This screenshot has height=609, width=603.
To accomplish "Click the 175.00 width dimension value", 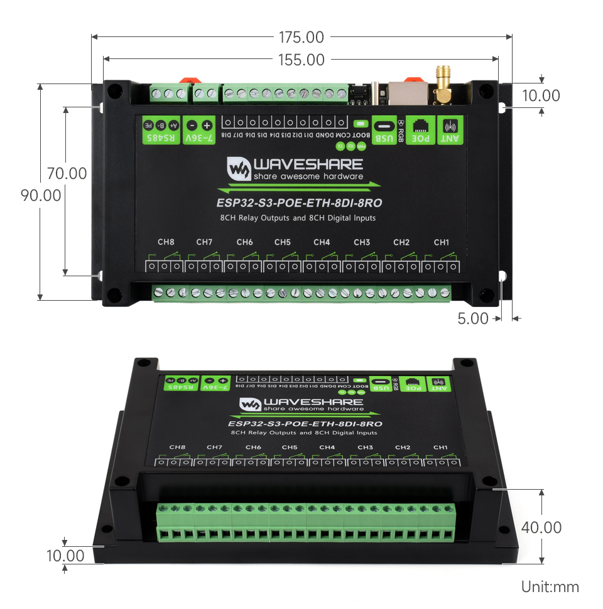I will click(301, 38).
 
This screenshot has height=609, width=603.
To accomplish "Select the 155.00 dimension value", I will click(301, 60).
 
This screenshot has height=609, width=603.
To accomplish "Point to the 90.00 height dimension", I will click(41, 195).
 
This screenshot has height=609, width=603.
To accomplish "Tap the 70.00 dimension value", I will click(67, 173).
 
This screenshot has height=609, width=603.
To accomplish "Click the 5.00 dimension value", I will click(473, 318).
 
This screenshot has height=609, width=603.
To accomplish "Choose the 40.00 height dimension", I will click(541, 527).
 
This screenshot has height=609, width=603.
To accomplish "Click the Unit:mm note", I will click(550, 587).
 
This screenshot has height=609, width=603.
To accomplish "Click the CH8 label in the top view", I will click(166, 242).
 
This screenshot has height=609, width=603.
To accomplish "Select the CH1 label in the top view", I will click(442, 242).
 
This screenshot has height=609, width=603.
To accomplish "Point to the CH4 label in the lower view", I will click(327, 447).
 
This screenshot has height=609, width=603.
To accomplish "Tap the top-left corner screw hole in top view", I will click(113, 90).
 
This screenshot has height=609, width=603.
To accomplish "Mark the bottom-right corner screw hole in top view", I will click(486, 294).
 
